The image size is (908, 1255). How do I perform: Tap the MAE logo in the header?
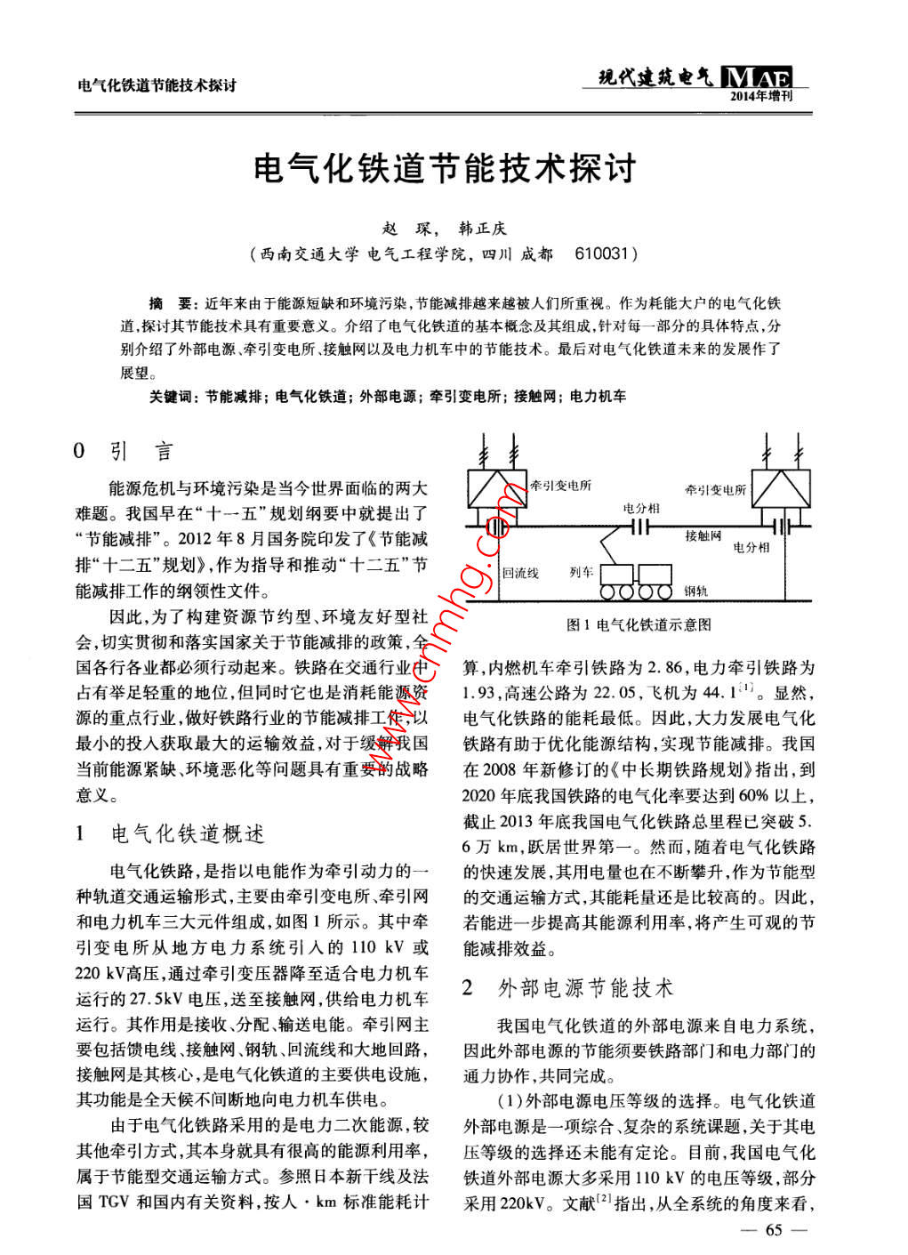coord(759,77)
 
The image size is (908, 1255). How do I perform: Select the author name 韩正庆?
coord(482,229)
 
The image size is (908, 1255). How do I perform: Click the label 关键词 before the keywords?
coord(173,397)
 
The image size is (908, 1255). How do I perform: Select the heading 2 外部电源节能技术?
coord(568,987)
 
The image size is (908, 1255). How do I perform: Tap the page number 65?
coord(773,1230)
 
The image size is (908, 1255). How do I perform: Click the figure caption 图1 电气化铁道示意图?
coord(639,625)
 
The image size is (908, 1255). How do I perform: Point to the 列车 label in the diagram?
coord(581,572)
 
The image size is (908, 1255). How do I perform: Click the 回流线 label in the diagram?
coord(520,573)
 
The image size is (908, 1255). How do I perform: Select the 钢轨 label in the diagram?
coord(695,591)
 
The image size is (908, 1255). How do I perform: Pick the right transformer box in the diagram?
coord(781,488)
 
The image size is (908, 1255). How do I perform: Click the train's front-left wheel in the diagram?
coord(609,591)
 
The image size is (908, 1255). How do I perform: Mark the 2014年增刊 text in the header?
coord(760,96)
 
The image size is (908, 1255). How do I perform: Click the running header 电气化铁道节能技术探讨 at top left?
coord(157,86)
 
